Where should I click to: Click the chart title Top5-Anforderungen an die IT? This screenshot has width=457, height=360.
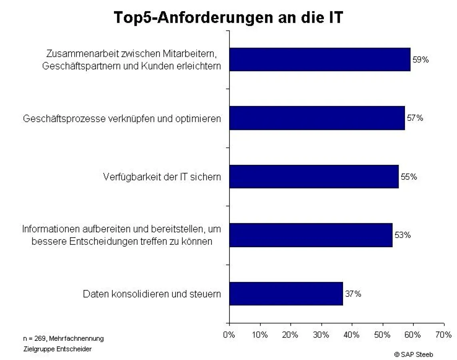click(x=228, y=18)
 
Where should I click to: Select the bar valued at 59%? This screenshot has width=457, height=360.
click(x=320, y=60)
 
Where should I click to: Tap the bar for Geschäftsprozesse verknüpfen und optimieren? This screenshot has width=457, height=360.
click(x=317, y=118)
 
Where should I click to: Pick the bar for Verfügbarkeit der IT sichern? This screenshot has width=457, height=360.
click(x=314, y=176)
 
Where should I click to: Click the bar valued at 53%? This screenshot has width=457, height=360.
click(x=311, y=235)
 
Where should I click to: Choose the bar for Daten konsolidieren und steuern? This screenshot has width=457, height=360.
click(x=286, y=294)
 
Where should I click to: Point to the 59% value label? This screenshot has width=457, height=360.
click(x=421, y=60)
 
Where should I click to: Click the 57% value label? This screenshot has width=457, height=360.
click(x=415, y=118)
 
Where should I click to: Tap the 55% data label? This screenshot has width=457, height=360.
click(x=409, y=177)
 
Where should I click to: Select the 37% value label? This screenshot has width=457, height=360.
click(x=353, y=294)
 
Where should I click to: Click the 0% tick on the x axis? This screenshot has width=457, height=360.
click(x=229, y=335)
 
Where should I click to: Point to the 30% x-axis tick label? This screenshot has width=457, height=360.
click(x=321, y=335)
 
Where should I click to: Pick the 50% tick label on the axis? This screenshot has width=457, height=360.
click(x=382, y=335)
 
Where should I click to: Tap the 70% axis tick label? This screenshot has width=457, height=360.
click(x=443, y=335)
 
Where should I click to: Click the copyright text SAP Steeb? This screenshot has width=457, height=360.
click(x=413, y=354)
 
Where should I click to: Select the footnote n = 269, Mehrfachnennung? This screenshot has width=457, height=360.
click(x=63, y=339)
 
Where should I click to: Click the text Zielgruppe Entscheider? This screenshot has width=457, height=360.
click(x=57, y=349)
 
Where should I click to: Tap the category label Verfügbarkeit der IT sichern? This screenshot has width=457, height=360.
click(x=162, y=177)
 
